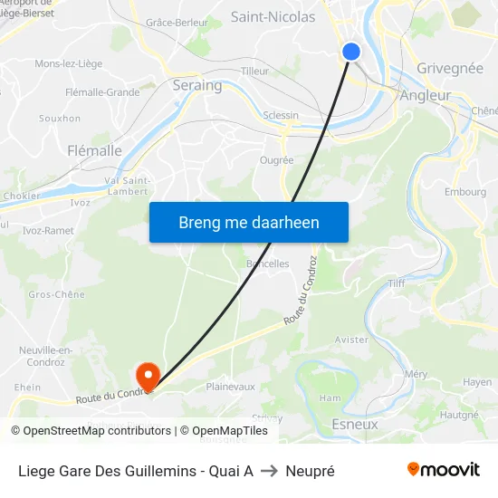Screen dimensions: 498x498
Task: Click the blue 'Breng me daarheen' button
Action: [249, 222]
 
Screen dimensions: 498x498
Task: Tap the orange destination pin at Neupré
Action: [147, 375]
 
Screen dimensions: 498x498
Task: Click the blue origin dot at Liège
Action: [351, 53]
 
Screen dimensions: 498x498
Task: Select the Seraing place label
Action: [196, 85]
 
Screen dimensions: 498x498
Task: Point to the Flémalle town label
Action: [95, 151]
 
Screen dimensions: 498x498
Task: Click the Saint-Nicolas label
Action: [273, 16]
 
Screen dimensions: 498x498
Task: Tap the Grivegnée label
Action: [450, 68]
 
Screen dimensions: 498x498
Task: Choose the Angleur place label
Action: [426, 95]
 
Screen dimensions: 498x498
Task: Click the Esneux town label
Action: [355, 424]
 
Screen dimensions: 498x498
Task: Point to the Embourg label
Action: [465, 192]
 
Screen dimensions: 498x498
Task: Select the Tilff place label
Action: [397, 283]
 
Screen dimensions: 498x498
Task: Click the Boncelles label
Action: [268, 263]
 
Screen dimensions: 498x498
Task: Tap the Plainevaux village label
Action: [231, 387]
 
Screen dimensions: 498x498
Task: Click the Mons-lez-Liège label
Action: [68, 63]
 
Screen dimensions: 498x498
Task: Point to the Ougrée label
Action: [276, 160]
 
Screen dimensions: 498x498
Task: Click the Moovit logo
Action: [443, 469]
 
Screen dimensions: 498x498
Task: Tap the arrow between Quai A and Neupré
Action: [269, 471]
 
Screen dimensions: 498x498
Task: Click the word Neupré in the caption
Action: [310, 471]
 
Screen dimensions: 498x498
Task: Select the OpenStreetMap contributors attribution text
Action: [97, 431]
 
